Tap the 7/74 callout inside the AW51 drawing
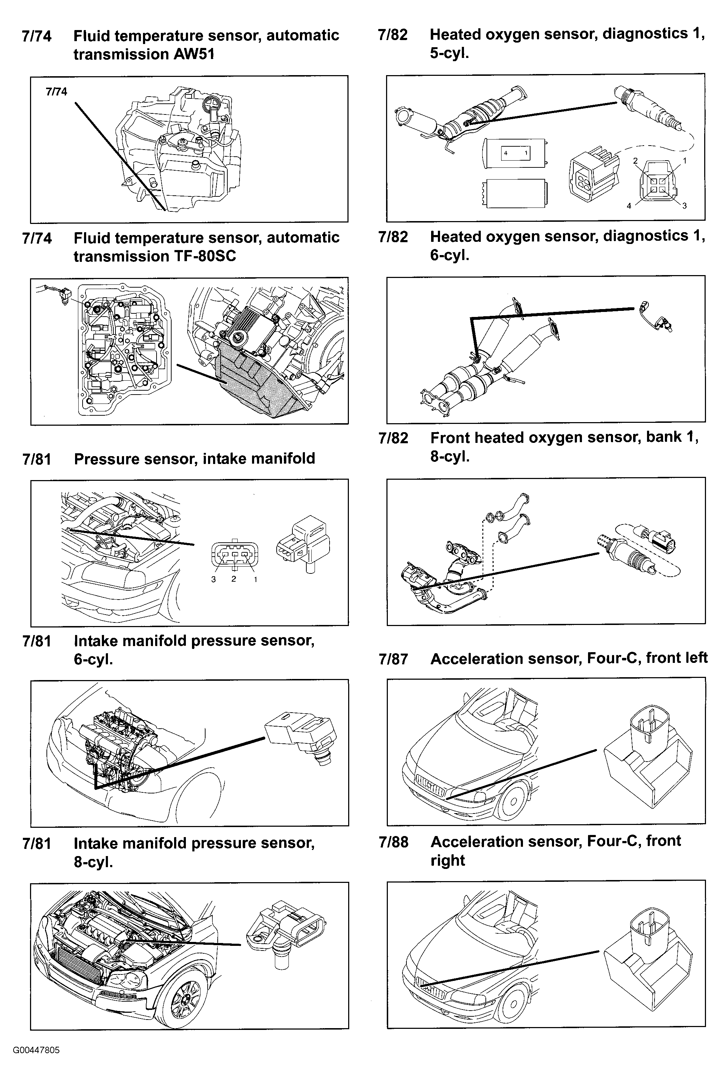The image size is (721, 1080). point(56,92)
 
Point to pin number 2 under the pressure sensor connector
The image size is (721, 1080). point(233,579)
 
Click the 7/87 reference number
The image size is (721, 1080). point(393,659)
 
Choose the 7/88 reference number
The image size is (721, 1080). point(394,842)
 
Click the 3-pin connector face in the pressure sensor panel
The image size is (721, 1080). point(234,556)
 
